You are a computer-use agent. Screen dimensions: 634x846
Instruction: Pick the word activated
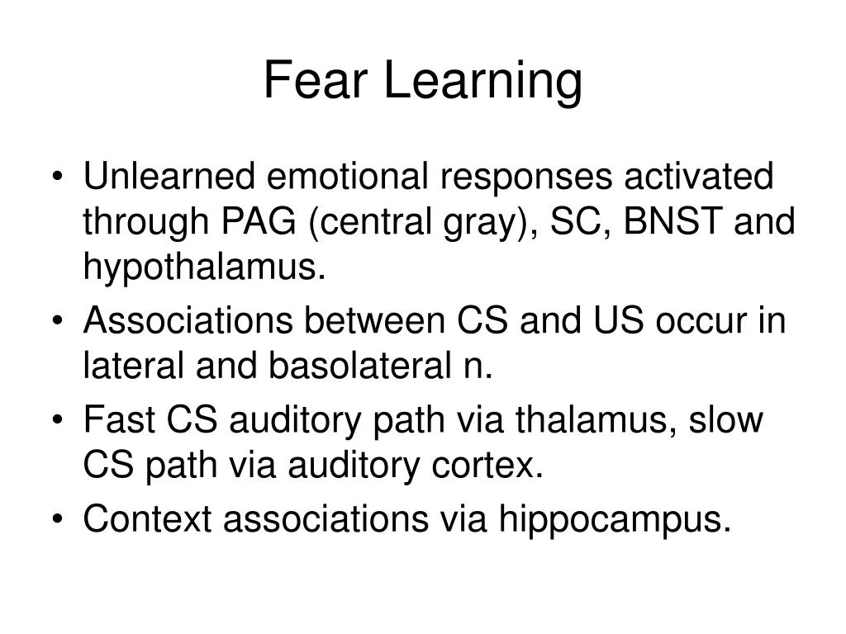click(696, 177)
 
